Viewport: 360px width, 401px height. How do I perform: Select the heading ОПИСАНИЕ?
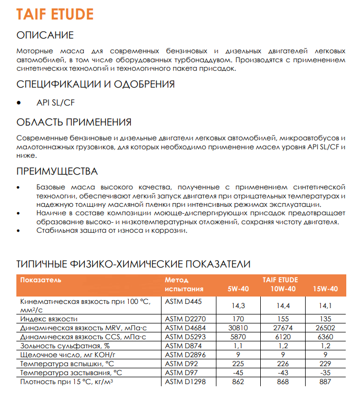pos(45,35)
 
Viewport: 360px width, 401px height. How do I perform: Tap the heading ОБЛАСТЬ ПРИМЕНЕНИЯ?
pos(74,122)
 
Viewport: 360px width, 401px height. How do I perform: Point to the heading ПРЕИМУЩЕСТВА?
pos(57,171)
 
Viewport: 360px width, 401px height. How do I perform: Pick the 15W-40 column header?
pos(325,289)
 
